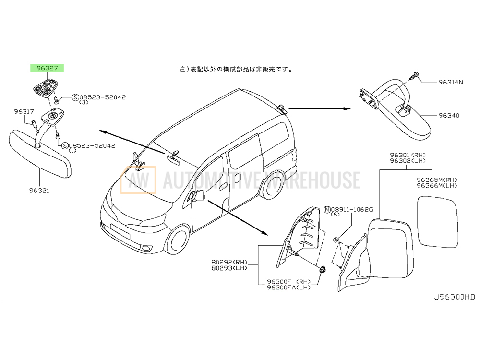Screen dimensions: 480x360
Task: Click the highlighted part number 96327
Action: pos(47,68)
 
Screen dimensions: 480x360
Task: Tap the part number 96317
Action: pos(24,112)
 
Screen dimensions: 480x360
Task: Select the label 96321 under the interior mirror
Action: pos(39,191)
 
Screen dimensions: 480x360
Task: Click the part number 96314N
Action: pos(451,82)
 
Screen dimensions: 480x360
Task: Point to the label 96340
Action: pos(449,115)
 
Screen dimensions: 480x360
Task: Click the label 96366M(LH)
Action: pos(437,185)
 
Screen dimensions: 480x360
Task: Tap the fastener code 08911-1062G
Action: pos(352,210)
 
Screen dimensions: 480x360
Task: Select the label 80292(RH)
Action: pos(229,263)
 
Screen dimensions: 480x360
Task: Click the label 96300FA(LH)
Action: pos(288,288)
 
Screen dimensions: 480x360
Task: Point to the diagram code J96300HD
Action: pos(455,297)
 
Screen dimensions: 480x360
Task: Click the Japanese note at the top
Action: pos(235,69)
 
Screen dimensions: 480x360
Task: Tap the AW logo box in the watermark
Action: pos(138,180)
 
